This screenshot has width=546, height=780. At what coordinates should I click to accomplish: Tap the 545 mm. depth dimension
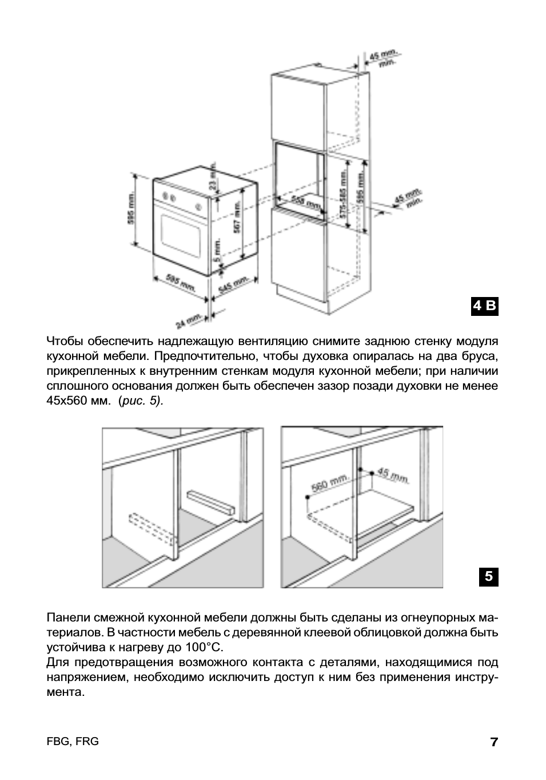point(233,285)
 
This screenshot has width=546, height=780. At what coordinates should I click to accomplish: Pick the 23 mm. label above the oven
point(213,180)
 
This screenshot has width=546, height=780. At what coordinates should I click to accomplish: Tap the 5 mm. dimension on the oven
point(217,251)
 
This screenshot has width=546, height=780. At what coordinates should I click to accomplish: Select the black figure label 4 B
point(485,306)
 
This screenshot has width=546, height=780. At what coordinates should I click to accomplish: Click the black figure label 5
point(488,576)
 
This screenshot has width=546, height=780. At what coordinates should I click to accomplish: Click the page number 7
point(494,743)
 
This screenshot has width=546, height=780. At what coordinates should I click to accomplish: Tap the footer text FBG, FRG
point(73,742)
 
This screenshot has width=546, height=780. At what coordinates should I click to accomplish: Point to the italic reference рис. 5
point(141,401)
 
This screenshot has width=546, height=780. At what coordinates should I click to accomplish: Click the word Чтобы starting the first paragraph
point(65,342)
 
